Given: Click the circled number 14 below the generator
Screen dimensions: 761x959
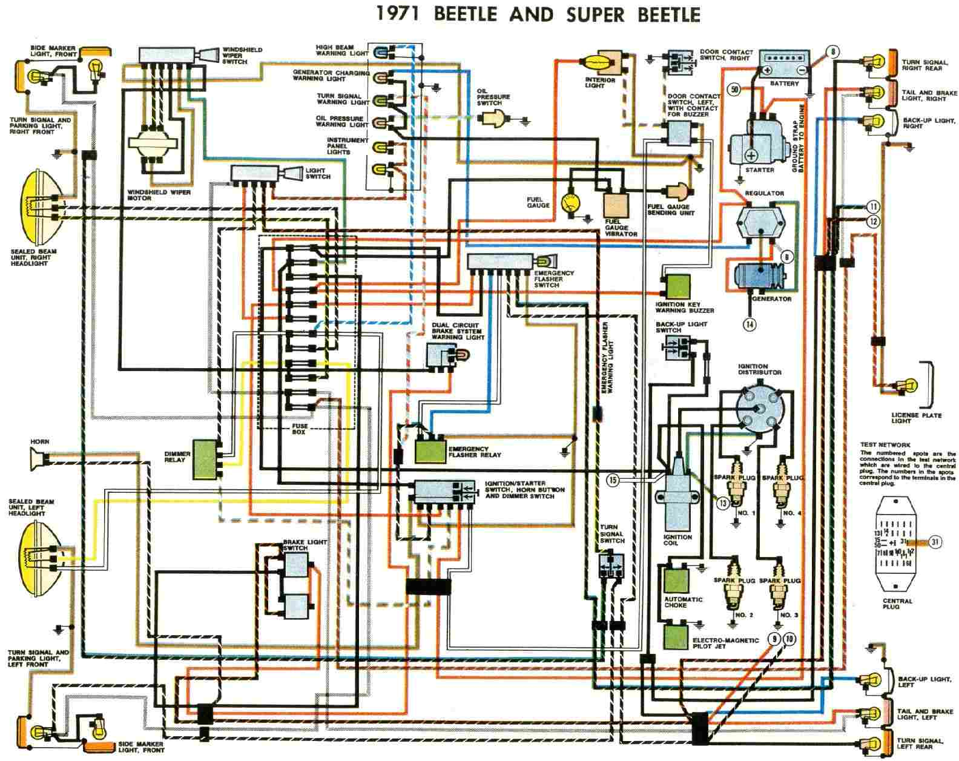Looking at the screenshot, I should pos(750,324).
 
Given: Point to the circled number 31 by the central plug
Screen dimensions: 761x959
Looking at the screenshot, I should pos(935,542).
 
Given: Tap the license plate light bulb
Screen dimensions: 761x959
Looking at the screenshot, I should pos(906,384).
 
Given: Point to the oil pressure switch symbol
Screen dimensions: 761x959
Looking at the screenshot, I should pos(495,119).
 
